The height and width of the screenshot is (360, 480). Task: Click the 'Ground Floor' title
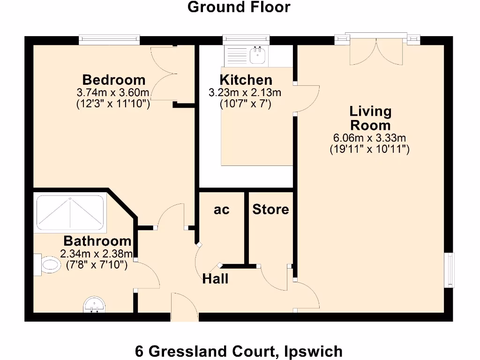(239, 7)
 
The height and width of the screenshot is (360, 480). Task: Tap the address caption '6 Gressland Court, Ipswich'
(239, 351)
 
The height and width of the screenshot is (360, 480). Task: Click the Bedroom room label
(113, 80)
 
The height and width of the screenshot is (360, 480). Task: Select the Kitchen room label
(246, 80)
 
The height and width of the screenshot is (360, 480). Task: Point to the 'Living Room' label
(370, 118)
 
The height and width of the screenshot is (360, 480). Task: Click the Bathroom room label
(97, 241)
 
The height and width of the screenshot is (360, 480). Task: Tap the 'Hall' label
(215, 279)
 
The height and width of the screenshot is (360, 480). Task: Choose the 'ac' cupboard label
(222, 210)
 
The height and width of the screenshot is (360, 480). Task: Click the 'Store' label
(270, 209)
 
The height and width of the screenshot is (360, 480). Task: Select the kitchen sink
(257, 55)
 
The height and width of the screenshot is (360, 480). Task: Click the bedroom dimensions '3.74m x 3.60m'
(113, 93)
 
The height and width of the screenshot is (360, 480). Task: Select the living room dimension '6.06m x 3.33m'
(369, 138)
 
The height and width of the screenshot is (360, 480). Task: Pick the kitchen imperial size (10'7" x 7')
(246, 104)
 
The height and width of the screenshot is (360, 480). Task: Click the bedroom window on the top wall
(109, 40)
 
